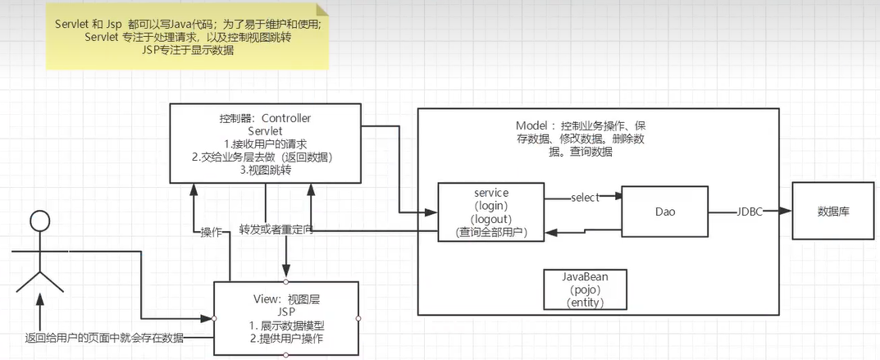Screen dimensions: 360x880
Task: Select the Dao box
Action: point(664,212)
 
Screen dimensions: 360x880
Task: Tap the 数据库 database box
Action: point(832,212)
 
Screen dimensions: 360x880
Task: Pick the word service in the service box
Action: point(491,193)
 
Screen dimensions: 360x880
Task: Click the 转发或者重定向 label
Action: point(276,230)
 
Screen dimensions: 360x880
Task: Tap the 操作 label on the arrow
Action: point(212,232)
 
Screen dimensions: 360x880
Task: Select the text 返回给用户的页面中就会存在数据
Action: point(104,337)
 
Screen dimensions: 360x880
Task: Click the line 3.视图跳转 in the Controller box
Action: point(267,171)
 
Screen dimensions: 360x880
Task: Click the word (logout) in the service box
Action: point(491,219)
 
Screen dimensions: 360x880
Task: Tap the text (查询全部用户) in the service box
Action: point(491,232)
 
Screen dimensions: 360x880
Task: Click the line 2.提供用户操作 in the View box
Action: point(286,338)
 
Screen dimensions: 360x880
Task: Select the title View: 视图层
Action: point(286,298)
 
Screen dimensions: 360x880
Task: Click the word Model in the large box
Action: point(534,126)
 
